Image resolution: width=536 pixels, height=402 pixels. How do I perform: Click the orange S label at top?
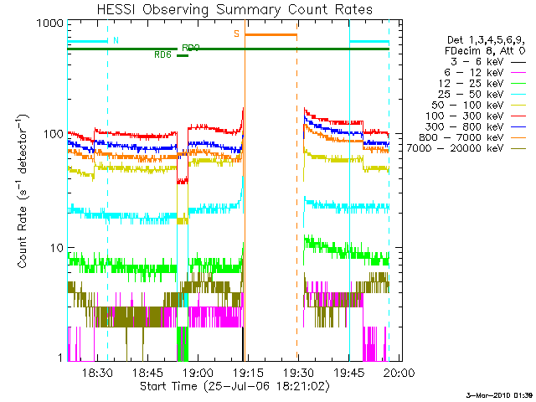[x=237, y=34]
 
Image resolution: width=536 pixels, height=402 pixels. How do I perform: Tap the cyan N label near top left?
[x=116, y=40]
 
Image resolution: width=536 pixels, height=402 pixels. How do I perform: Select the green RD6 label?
[x=163, y=55]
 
